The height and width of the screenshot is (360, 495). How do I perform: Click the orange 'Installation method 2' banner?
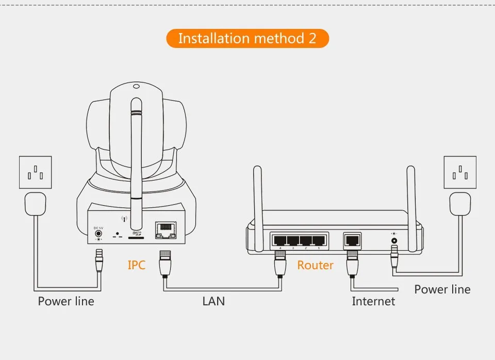coord(247,39)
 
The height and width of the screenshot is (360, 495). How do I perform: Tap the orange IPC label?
coord(137,265)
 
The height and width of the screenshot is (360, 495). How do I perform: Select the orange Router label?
coord(315,265)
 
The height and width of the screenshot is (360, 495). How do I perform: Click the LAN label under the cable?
coord(213,301)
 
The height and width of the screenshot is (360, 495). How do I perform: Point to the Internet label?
coord(373,301)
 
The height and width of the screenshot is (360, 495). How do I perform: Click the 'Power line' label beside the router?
coord(442,289)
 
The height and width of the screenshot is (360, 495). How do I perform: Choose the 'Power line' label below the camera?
coord(66,301)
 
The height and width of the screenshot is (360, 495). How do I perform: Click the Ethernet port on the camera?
coord(166,230)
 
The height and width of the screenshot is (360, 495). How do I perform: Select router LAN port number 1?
coord(318,240)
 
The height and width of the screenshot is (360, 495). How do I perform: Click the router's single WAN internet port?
coord(353,240)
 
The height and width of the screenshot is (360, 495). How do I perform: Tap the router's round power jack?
coord(395,240)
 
